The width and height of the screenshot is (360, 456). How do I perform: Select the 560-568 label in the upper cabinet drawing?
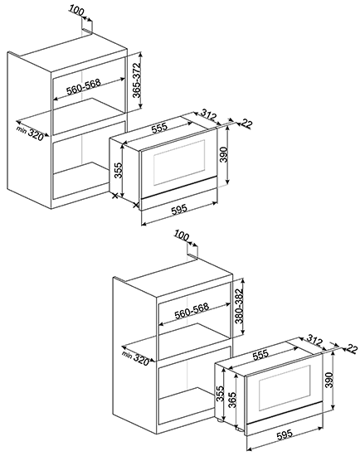84,87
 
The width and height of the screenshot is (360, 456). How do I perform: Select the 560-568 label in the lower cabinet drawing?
192,311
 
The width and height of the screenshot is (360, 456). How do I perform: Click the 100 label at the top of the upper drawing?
76,12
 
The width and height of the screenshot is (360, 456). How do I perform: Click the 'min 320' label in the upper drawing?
30,133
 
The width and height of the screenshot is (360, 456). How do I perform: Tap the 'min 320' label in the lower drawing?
135,358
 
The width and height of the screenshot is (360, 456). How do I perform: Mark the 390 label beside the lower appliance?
328,380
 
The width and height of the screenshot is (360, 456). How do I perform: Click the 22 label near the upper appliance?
246,124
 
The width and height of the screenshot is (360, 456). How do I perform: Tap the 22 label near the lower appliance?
352,349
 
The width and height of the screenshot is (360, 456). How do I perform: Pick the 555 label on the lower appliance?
260,355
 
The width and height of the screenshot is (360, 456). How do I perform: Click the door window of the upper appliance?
179,162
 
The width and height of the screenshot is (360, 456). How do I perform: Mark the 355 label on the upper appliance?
119,171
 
